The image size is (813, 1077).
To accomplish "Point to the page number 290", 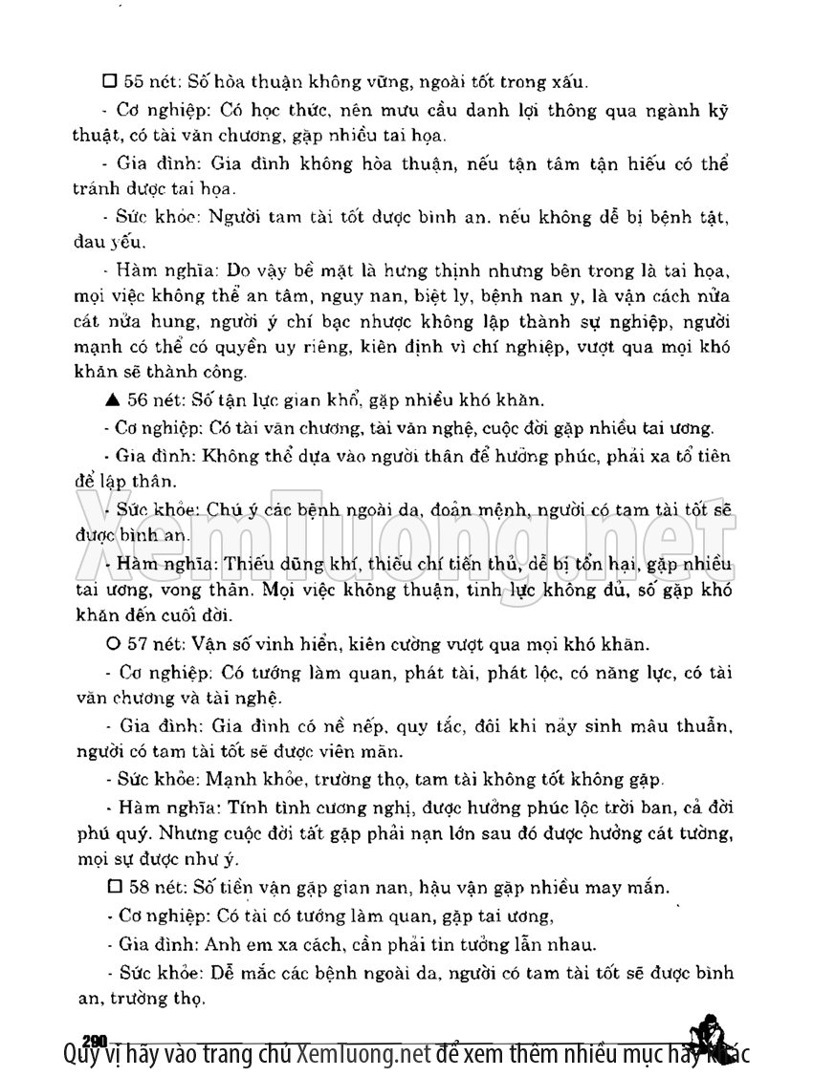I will coord(94,1040).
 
